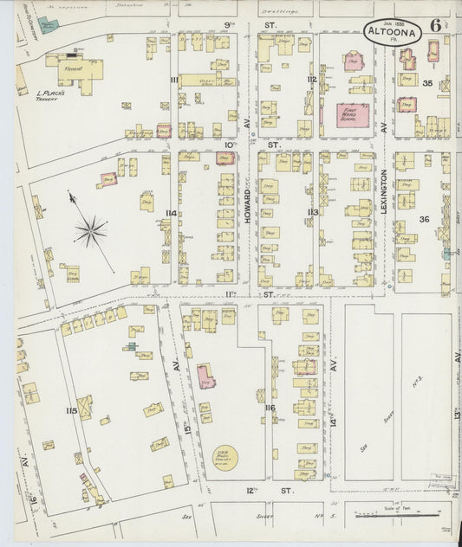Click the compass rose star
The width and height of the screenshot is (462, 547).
pos(89,231)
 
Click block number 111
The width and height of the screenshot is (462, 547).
pos(174,80)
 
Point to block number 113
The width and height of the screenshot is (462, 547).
pos(313,212)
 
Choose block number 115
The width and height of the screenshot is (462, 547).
pos(71,410)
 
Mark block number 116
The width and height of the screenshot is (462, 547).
pos(270,408)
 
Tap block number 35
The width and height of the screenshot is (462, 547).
pos(426,83)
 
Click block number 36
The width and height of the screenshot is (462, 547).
pos(425,219)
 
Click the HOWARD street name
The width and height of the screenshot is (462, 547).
pos(247,209)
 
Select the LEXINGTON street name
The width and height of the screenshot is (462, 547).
pos(383,196)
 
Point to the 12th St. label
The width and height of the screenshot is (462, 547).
pos(261,491)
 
